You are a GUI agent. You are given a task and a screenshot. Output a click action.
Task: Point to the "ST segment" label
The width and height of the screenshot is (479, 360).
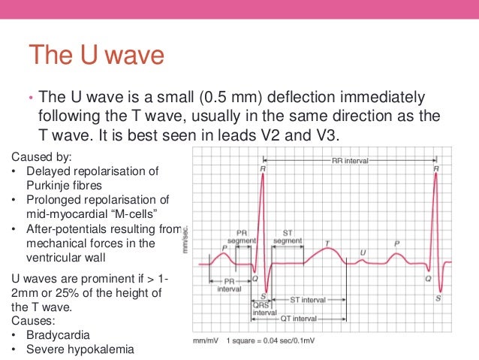(x=288, y=236)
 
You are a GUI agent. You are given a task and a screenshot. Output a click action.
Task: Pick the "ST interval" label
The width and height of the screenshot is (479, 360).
(x=308, y=299)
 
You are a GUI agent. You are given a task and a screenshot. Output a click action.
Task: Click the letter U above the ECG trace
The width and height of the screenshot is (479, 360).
(x=363, y=252)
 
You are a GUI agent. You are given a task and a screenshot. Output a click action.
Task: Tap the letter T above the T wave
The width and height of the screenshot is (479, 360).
(x=327, y=243)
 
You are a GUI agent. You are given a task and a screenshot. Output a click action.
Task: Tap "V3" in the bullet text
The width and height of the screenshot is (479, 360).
(x=328, y=135)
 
